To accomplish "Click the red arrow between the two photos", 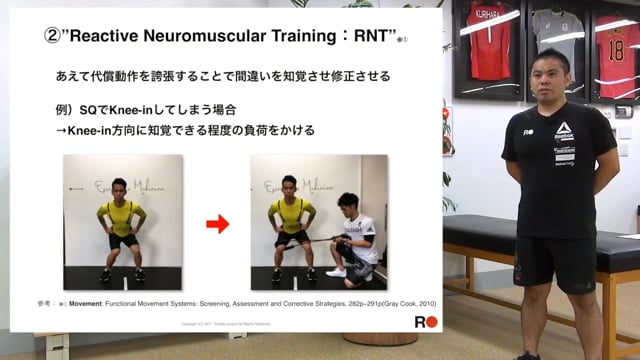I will point(217,224).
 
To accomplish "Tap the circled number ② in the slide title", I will point(54,34).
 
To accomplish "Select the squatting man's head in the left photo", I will point(118,187).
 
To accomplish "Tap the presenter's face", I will point(553,78).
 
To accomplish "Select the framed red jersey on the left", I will point(490,45).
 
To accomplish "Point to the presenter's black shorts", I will point(555,262).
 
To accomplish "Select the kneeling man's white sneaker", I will point(337,271).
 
